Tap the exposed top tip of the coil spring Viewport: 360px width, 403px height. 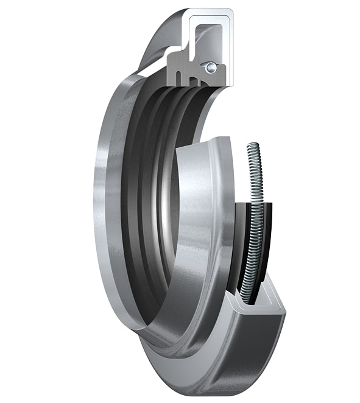click(251, 145)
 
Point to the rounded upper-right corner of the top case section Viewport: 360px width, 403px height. click(230, 13)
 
